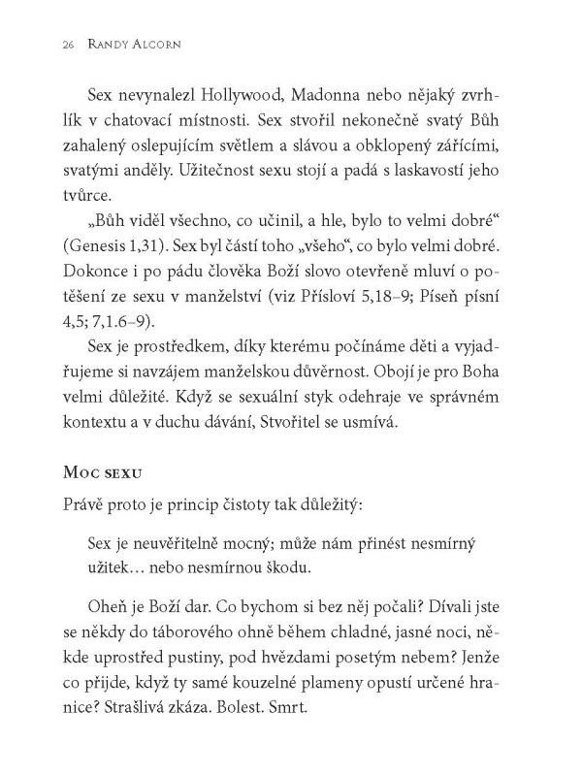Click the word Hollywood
click(250, 97)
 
